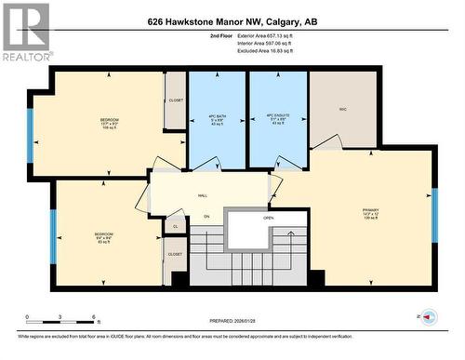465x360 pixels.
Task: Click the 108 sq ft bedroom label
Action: [110, 125]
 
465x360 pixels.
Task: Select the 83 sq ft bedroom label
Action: [103, 237]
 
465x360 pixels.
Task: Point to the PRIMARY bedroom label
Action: [370, 215]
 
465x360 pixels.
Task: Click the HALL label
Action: [202, 196]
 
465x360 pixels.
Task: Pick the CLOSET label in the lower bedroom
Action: [175, 253]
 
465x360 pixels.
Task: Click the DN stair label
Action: [207, 218]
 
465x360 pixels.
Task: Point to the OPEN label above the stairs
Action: [268, 218]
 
